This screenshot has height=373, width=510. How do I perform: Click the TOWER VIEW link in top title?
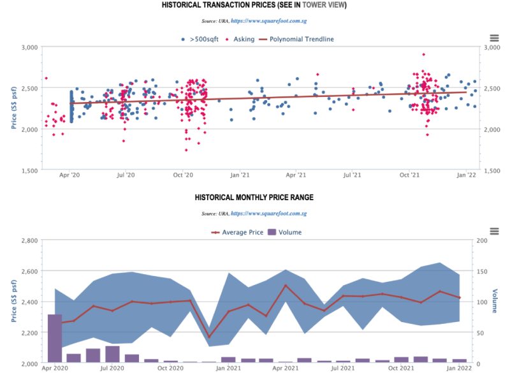[x=324, y=5]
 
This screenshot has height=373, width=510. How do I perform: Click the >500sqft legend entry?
[x=203, y=39]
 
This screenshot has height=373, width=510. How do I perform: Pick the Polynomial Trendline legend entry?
[x=301, y=39]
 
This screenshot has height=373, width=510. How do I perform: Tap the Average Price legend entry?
[x=240, y=232]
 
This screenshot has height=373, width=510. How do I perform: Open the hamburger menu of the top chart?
[x=494, y=38]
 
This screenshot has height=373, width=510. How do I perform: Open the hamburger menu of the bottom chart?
[x=494, y=231]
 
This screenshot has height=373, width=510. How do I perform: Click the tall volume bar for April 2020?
[x=55, y=338]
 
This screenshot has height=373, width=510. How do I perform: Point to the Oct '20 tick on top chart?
[x=183, y=175]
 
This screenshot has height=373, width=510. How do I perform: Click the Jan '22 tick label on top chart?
[x=467, y=175]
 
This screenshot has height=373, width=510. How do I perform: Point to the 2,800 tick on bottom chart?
[x=29, y=240]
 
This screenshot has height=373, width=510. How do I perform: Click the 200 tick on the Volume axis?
[x=482, y=240]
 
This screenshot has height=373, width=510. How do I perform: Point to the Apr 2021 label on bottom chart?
[x=285, y=368]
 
